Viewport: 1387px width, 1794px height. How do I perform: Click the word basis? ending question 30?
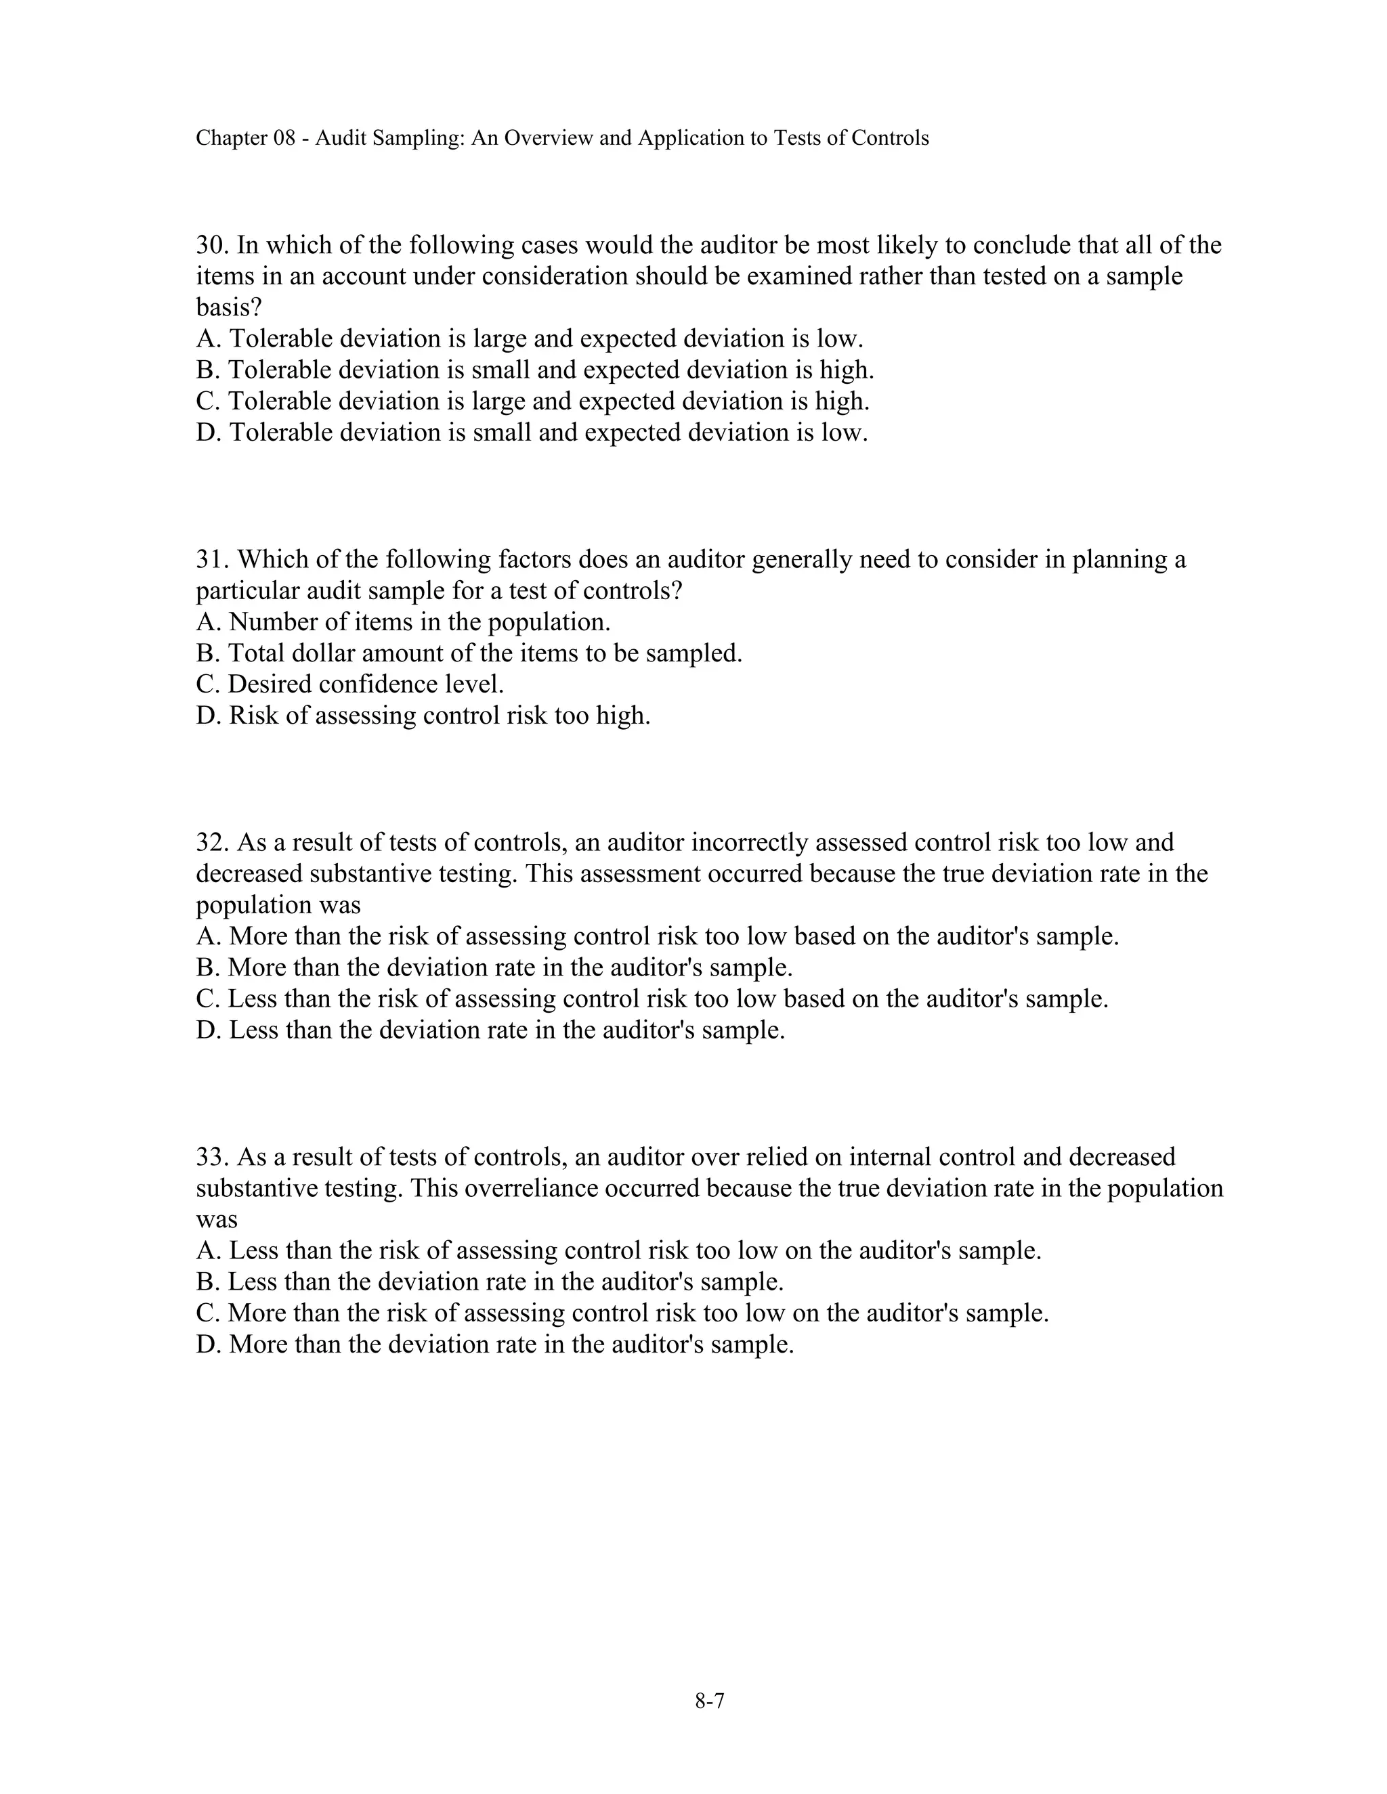[x=230, y=308]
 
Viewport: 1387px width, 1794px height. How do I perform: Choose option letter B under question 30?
[x=205, y=370]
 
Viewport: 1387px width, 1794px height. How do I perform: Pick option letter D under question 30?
[x=205, y=433]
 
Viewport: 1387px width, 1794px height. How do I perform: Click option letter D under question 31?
[x=205, y=716]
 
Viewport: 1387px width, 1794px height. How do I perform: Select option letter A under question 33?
[x=205, y=1251]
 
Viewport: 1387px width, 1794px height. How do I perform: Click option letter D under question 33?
[x=205, y=1344]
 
